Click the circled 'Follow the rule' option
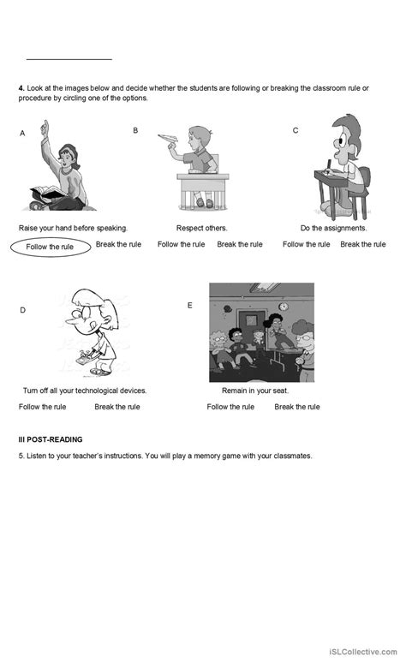pyautogui.click(x=50, y=247)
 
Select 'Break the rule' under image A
pyautogui.click(x=118, y=244)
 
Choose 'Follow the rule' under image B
pyautogui.click(x=181, y=244)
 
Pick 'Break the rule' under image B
pyautogui.click(x=239, y=244)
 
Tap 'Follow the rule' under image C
pyautogui.click(x=306, y=244)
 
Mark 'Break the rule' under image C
pyautogui.click(x=362, y=244)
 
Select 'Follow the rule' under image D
pyautogui.click(x=42, y=407)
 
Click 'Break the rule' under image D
pyautogui.click(x=116, y=407)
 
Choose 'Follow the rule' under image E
pyautogui.click(x=230, y=407)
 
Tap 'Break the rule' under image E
pyautogui.click(x=296, y=407)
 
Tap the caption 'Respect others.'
pyautogui.click(x=201, y=228)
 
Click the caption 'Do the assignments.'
pyautogui.click(x=333, y=228)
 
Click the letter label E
pyautogui.click(x=189, y=305)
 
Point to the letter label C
pyautogui.click(x=296, y=130)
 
